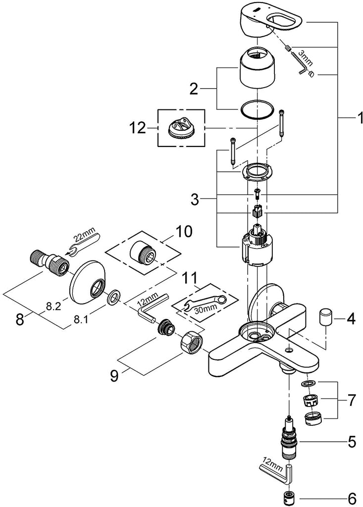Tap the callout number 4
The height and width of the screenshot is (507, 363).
351,319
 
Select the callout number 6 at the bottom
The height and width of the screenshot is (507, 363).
351,495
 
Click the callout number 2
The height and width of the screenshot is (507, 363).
194,90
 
